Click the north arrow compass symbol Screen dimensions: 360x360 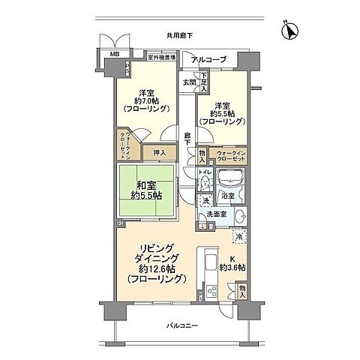pyautogui.click(x=289, y=31)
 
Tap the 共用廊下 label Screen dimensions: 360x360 pyautogui.click(x=180, y=35)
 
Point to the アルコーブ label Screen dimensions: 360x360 pyautogui.click(x=205, y=59)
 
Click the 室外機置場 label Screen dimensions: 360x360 pyautogui.click(x=161, y=56)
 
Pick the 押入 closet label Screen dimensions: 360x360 pyautogui.click(x=159, y=151)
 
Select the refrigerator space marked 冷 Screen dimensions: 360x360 pyautogui.click(x=238, y=238)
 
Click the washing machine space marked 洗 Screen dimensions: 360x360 pyautogui.click(x=205, y=200)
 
